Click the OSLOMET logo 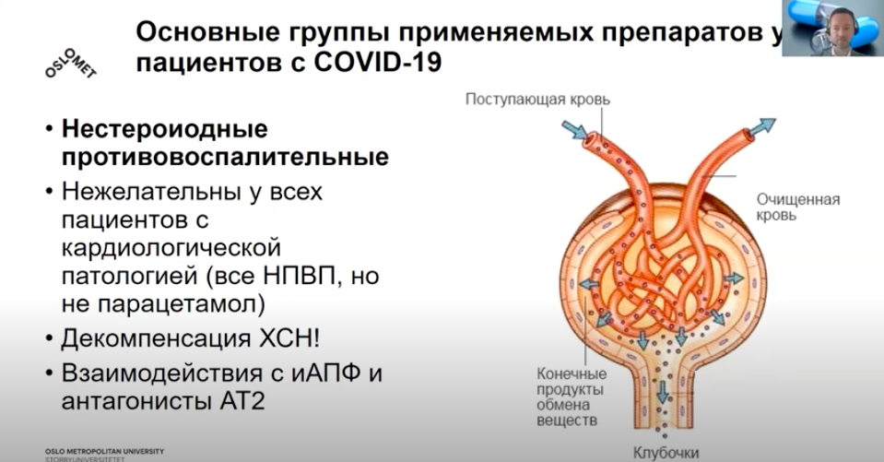coord(71,64)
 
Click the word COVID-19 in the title coord(377,62)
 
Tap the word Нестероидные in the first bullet coord(165,129)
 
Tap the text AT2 coord(242,401)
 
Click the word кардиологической coord(171,248)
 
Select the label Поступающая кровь coord(537,100)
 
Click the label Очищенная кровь coord(797,207)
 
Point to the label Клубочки coord(666,453)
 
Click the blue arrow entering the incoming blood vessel coord(574,130)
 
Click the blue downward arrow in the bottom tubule coord(663,392)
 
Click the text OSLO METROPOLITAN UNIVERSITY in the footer coord(104,451)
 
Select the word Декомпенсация coord(156,338)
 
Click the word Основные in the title coord(208,32)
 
